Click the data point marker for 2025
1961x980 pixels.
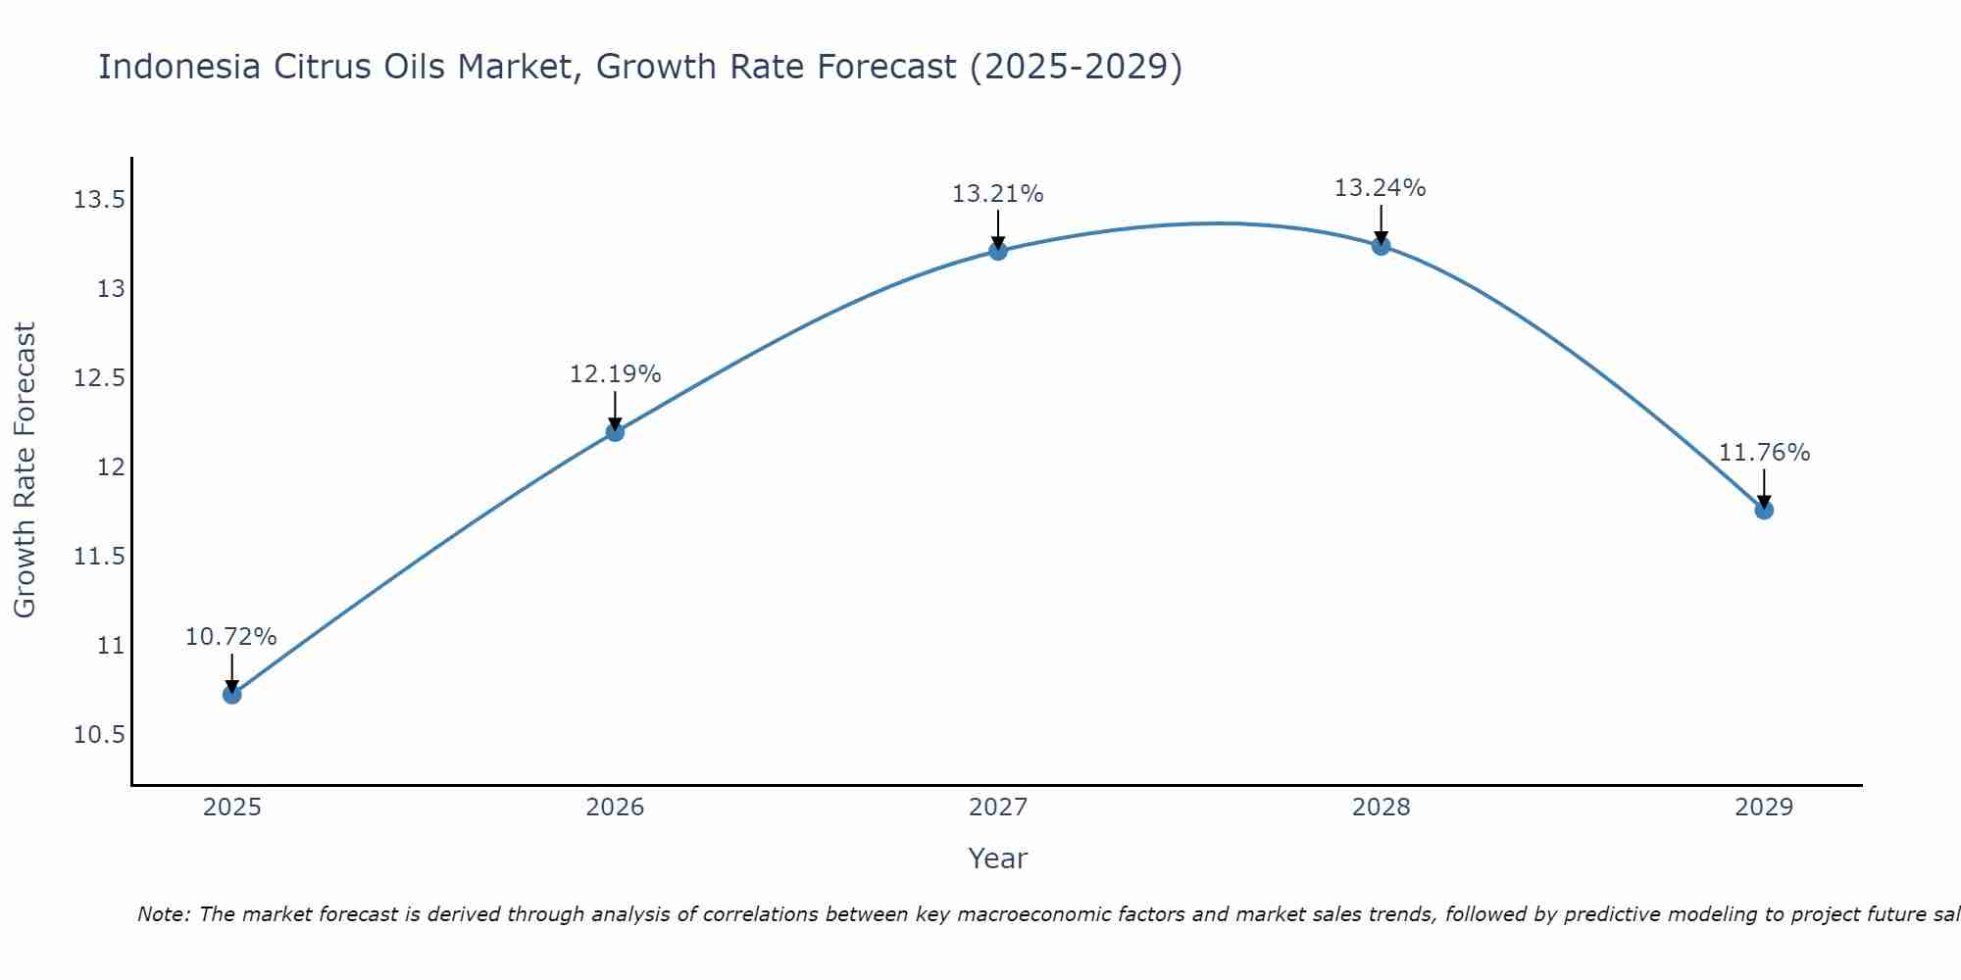[232, 694]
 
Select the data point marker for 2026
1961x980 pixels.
[615, 431]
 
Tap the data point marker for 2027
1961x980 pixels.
[998, 251]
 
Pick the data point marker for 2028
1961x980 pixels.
[1381, 246]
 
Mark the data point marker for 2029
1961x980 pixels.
[1764, 510]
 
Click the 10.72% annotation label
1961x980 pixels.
[231, 637]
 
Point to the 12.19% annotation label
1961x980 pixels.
[615, 374]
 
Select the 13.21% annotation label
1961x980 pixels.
[998, 194]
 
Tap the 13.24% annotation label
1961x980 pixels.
[1381, 188]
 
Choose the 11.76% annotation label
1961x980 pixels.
[1764, 453]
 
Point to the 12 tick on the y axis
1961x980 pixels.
[112, 467]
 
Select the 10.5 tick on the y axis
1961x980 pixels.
[99, 735]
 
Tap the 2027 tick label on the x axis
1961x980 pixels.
[998, 808]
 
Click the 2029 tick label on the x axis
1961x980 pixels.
[1764, 808]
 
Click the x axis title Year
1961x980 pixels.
[998, 858]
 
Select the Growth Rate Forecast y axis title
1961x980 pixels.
[25, 469]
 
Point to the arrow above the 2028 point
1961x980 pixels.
[1381, 223]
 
